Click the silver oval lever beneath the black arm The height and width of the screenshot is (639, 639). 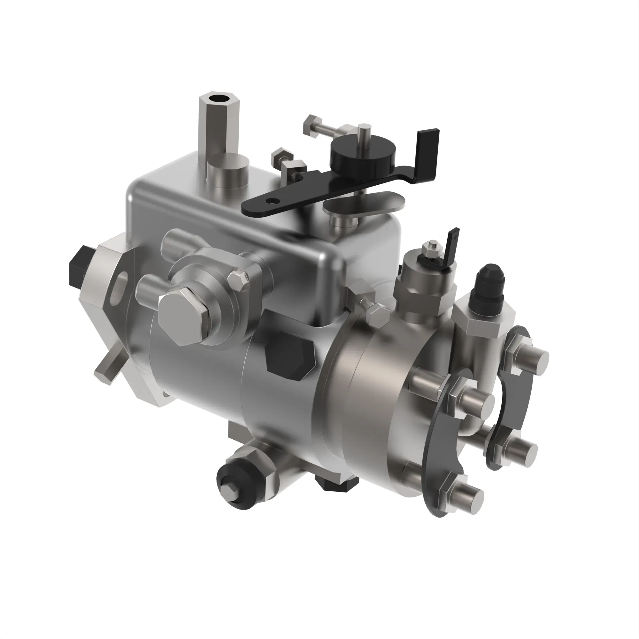point(364,204)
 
